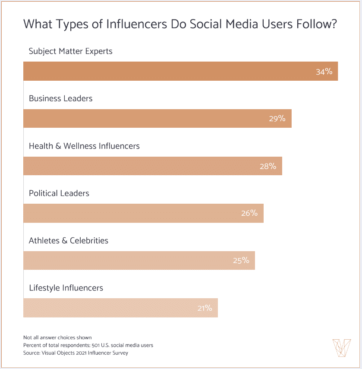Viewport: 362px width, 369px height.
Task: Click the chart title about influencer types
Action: coord(180,24)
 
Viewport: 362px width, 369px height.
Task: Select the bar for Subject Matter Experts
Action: coord(173,71)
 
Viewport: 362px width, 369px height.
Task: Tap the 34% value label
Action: coord(324,72)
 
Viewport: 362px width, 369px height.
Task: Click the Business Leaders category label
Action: coord(61,98)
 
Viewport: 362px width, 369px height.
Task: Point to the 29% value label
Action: coord(277,119)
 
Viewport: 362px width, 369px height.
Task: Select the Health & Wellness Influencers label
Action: coord(84,146)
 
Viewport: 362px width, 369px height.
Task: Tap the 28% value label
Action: coord(268,166)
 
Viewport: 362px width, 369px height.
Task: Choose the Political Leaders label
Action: coord(59,193)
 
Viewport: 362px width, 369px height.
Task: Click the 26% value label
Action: coord(249,213)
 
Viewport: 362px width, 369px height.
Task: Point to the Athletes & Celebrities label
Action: coord(69,240)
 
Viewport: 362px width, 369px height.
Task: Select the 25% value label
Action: coord(241,261)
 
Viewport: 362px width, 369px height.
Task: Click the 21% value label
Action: coord(204,308)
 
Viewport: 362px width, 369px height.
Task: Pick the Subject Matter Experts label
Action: coord(70,51)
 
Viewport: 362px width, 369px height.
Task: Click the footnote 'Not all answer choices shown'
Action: coord(57,337)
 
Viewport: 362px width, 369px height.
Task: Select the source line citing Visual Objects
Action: coord(76,353)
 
